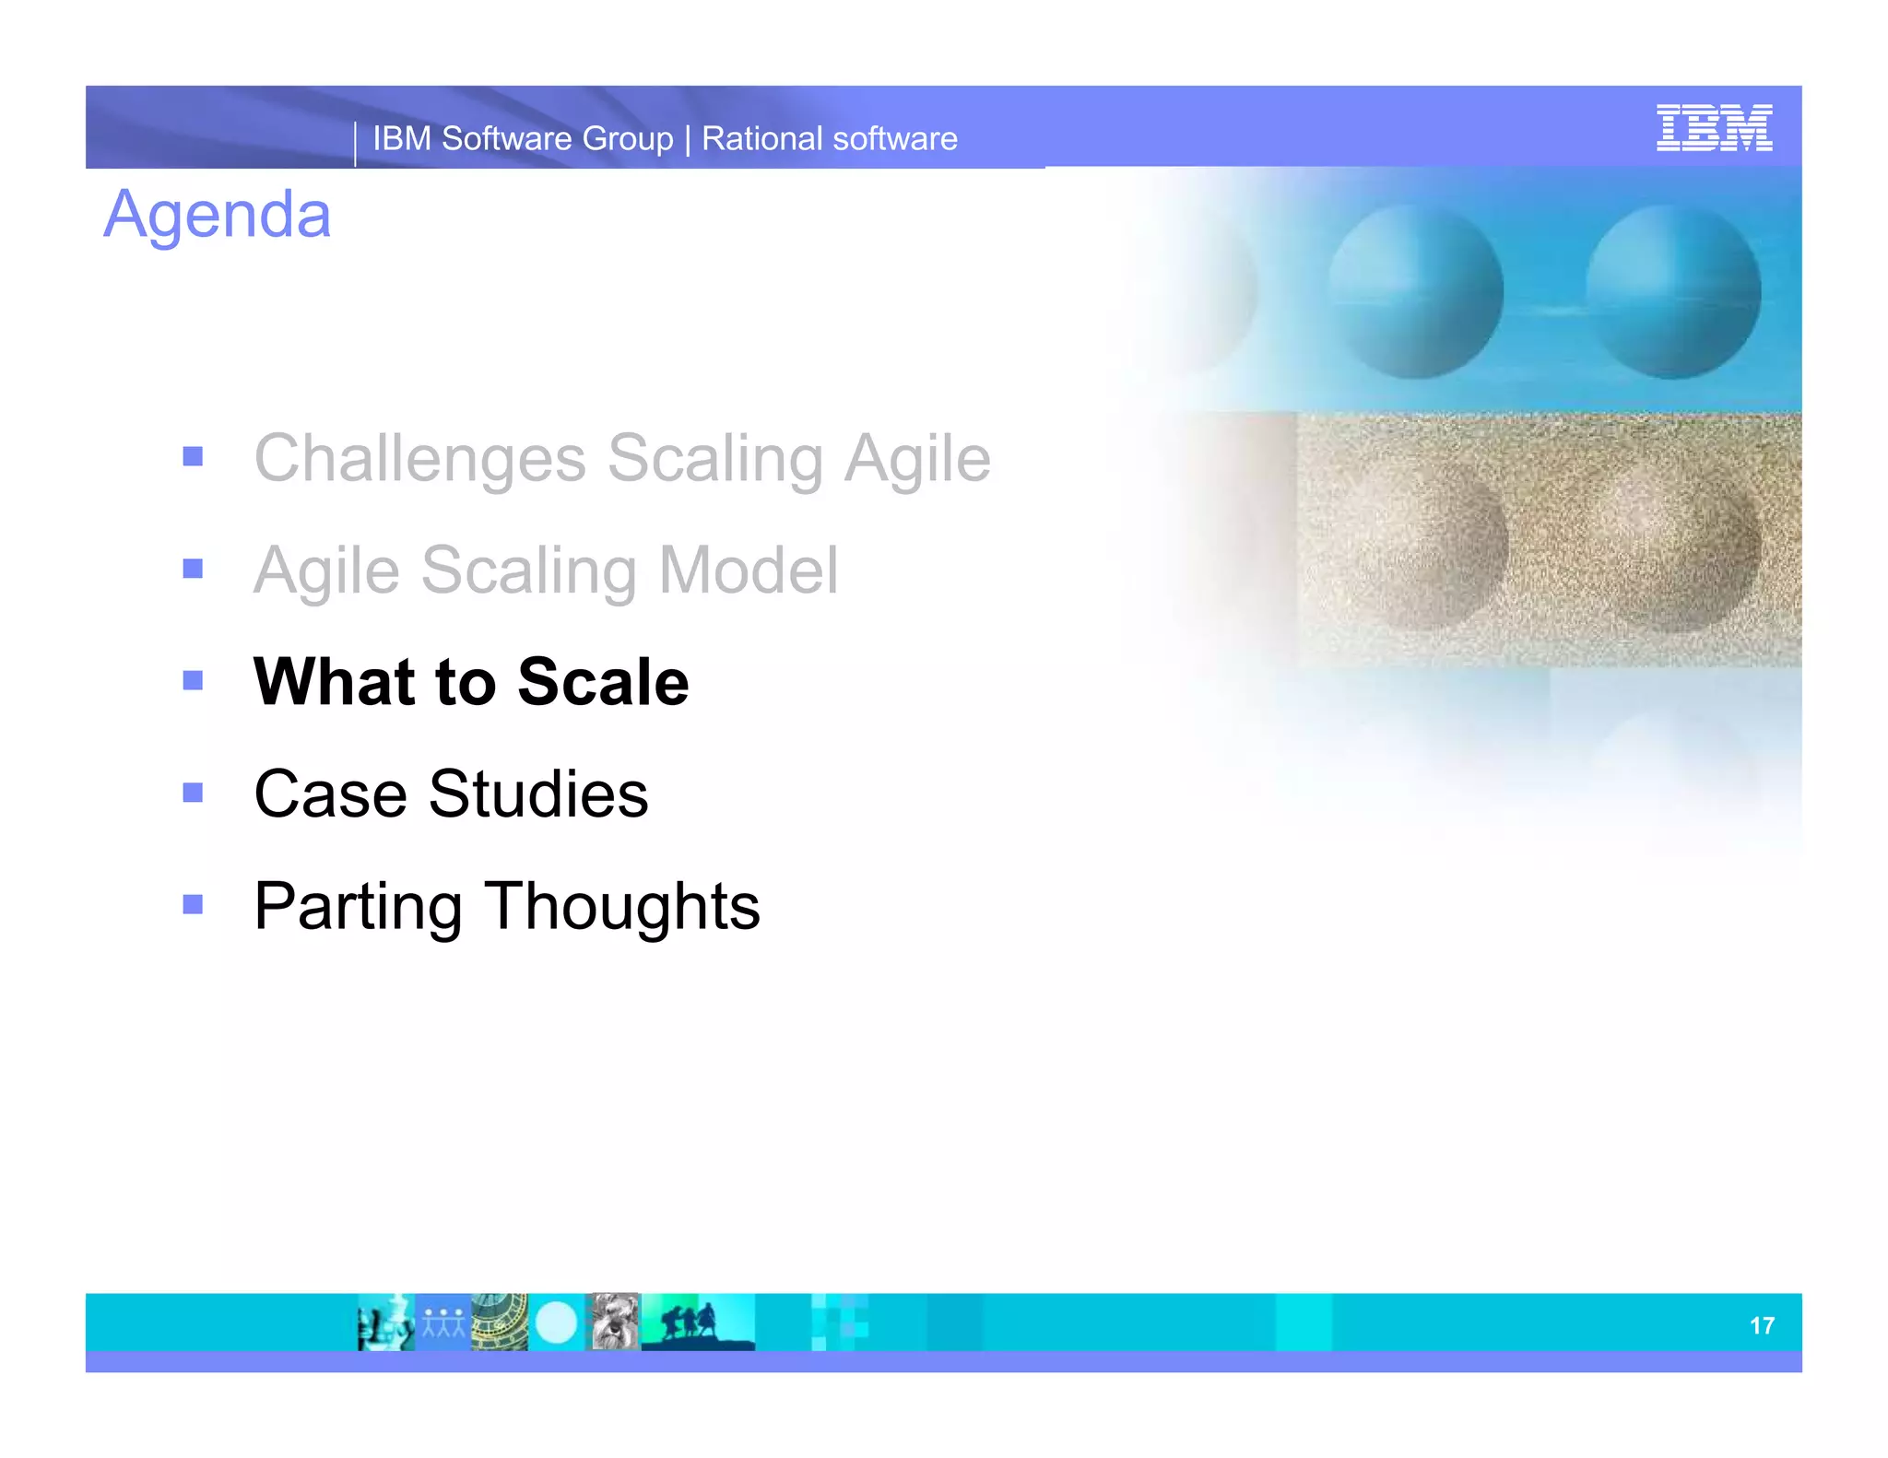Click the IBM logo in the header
point(1713,128)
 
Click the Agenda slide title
point(217,215)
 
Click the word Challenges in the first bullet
point(419,458)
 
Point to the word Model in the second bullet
point(748,570)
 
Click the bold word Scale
point(603,682)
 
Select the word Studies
point(538,794)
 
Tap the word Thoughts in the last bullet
point(622,906)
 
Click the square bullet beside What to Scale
point(193,681)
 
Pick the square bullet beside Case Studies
point(193,793)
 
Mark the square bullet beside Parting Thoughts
point(193,904)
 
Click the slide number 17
point(1761,1325)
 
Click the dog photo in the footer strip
point(613,1322)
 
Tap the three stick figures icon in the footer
point(443,1323)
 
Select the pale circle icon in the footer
point(556,1323)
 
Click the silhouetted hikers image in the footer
point(696,1323)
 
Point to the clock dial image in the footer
point(500,1323)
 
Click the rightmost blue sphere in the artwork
point(1673,292)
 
